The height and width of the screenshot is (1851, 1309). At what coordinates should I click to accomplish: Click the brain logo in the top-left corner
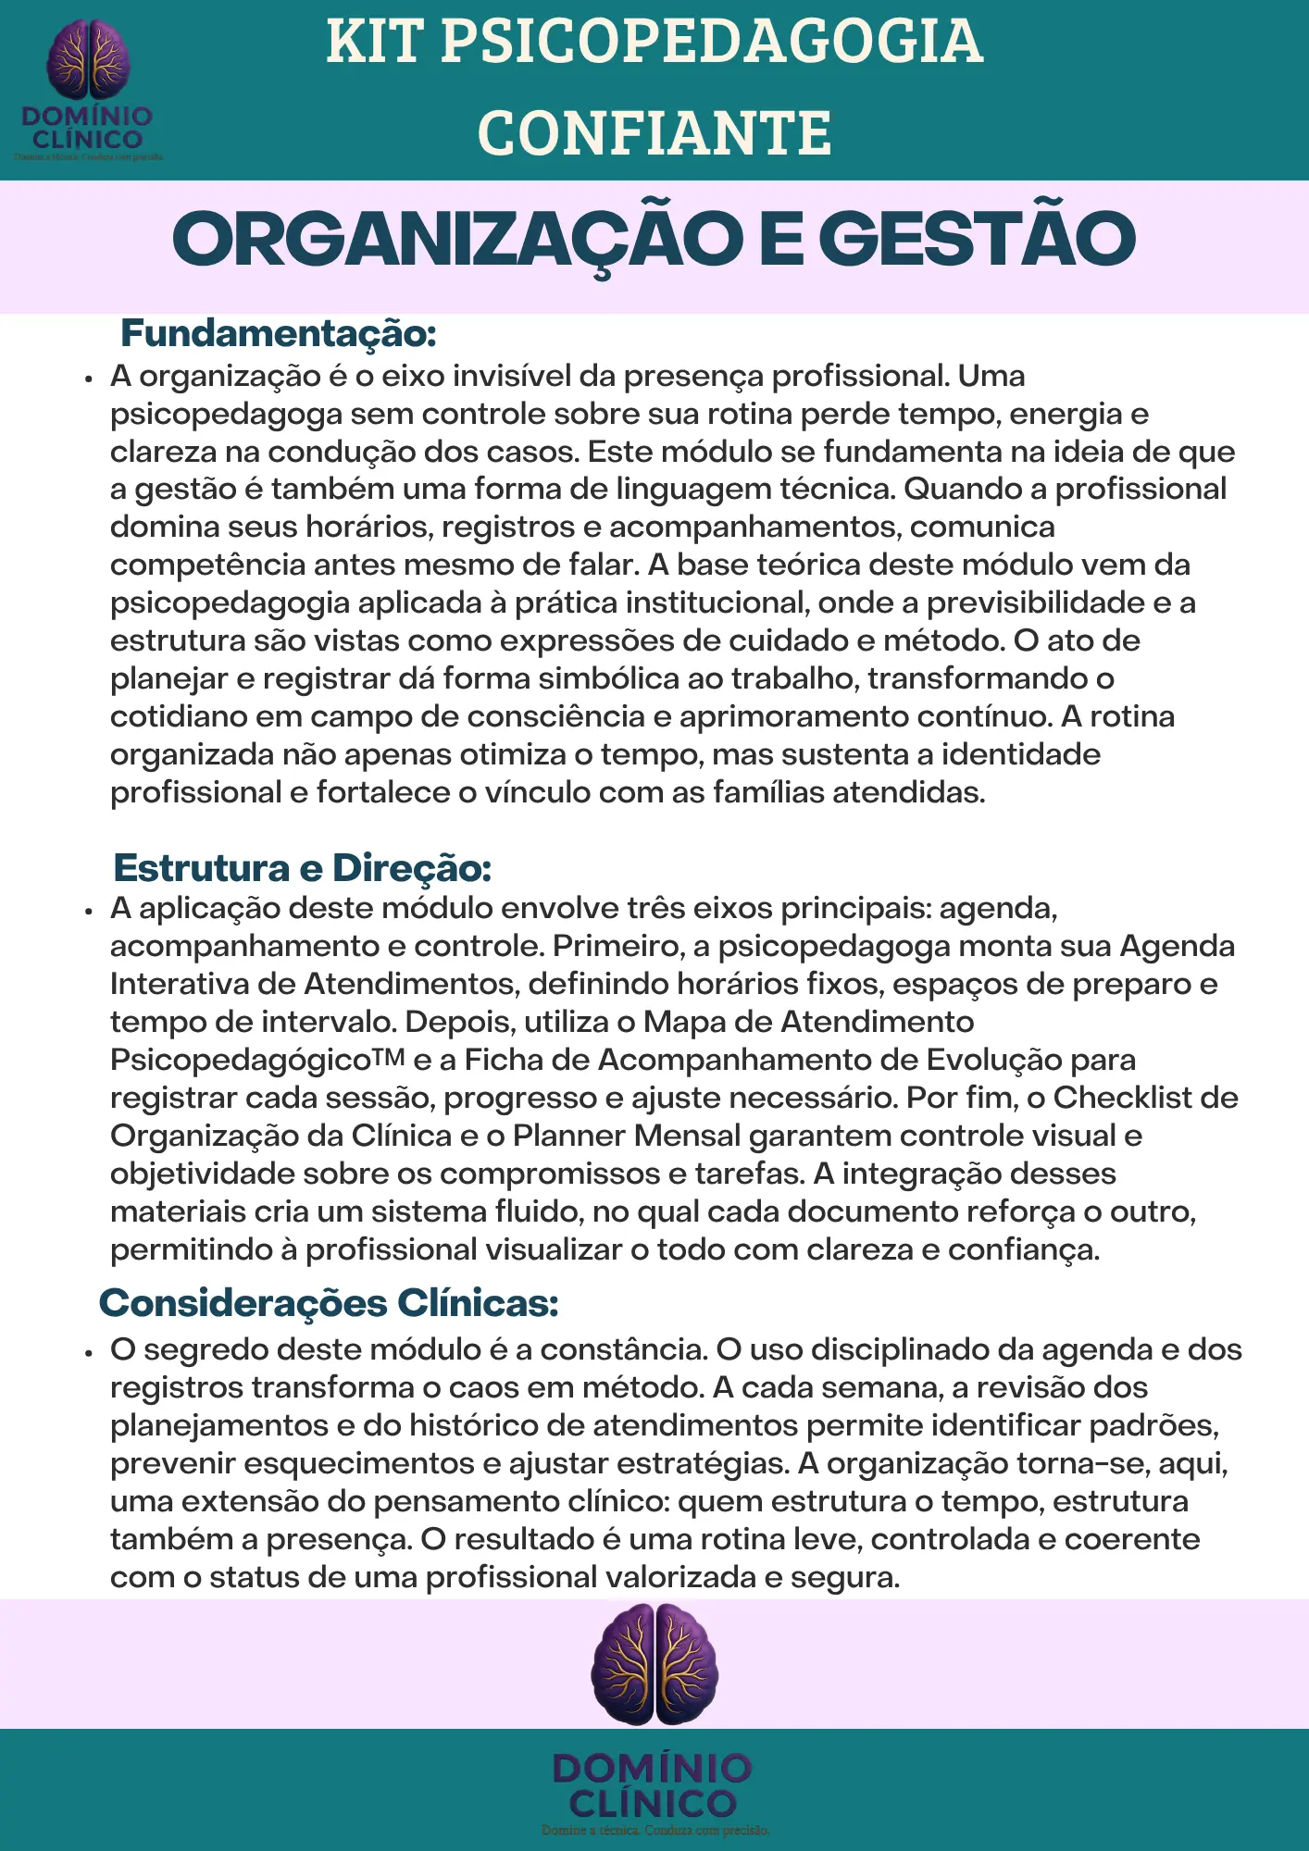click(x=88, y=59)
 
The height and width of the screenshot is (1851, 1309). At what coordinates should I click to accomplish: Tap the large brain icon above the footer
click(x=654, y=1663)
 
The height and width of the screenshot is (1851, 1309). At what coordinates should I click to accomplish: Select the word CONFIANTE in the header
click(x=654, y=132)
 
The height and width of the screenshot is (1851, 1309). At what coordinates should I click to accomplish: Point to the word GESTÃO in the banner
click(x=977, y=239)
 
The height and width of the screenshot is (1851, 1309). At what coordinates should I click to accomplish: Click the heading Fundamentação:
click(x=278, y=333)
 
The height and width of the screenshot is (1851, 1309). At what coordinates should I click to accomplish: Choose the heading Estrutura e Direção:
click(x=302, y=868)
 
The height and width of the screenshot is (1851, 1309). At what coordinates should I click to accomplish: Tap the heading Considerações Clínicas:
click(x=329, y=1303)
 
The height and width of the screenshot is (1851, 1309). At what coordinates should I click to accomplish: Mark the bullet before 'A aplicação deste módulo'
click(x=89, y=911)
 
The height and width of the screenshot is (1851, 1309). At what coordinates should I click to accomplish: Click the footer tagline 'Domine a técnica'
click(x=654, y=1830)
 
